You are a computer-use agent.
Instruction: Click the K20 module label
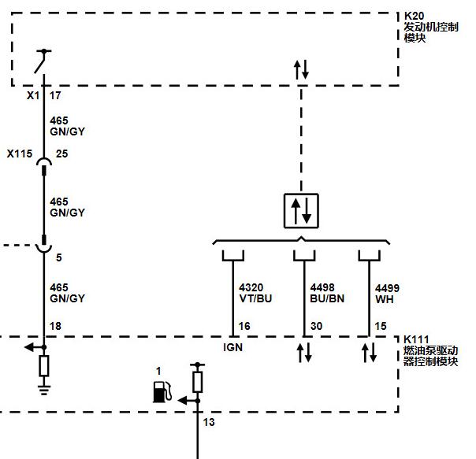[431, 27]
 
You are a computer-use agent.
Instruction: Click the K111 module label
[430, 350]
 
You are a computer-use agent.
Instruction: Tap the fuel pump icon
[162, 391]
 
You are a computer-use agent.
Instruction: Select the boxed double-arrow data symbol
[301, 210]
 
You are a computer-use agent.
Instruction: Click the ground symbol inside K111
[44, 390]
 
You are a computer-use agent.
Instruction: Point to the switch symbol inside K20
[43, 61]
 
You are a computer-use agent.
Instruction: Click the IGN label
[232, 347]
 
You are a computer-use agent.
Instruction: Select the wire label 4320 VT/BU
[255, 293]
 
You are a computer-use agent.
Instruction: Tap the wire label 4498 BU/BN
[327, 293]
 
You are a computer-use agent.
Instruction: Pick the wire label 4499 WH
[387, 294]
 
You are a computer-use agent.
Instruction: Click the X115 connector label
[20, 154]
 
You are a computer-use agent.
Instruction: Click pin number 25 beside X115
[61, 154]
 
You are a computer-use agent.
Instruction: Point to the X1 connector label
[33, 95]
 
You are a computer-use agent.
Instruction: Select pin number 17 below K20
[55, 95]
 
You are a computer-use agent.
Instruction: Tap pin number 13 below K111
[209, 422]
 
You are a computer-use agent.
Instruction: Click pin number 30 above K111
[316, 326]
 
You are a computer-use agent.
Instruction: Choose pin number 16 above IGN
[244, 326]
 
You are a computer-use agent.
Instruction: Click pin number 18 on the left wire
[55, 326]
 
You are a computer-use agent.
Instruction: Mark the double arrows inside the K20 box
[301, 69]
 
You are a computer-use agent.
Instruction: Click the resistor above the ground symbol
[44, 366]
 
